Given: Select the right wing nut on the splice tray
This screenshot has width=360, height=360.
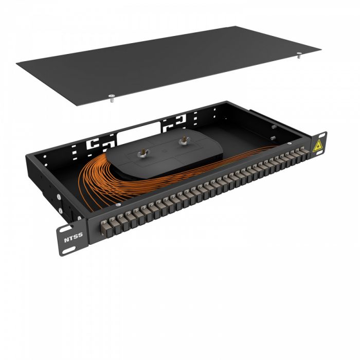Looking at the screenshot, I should point(182,140).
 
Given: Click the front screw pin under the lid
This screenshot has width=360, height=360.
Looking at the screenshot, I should point(111,98).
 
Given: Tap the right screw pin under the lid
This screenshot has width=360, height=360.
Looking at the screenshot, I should point(299,57).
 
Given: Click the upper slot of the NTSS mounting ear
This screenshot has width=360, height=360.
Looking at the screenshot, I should point(67,228).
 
